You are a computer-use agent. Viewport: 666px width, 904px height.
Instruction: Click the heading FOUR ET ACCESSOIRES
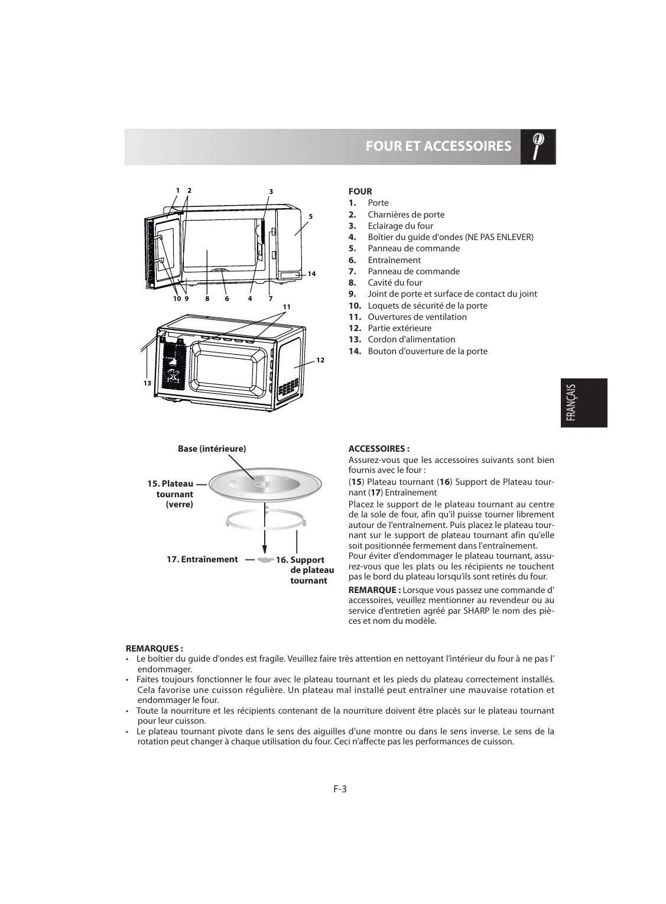click(438, 146)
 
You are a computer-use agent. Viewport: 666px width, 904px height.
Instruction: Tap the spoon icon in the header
click(538, 146)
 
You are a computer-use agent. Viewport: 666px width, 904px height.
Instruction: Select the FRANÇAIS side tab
click(582, 403)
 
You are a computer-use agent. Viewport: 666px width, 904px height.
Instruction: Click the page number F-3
click(339, 788)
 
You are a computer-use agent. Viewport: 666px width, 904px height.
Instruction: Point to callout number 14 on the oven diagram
click(311, 274)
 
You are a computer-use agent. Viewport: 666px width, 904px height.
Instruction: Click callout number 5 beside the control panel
click(310, 216)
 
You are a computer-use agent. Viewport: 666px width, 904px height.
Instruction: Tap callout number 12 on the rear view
click(320, 360)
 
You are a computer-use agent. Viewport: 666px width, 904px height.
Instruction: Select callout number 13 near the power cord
click(147, 383)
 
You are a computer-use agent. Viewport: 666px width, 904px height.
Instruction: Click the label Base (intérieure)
click(212, 449)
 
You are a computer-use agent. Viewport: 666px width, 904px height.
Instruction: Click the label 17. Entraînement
click(202, 559)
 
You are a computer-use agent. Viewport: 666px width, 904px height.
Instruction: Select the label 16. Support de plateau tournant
click(306, 570)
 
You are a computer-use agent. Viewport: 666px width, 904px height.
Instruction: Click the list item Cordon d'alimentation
click(411, 339)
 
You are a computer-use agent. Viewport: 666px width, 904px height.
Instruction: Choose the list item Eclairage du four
click(400, 226)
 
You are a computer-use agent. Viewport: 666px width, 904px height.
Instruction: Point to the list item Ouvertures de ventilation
click(417, 317)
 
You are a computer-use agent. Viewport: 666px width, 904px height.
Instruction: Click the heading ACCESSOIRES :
click(379, 449)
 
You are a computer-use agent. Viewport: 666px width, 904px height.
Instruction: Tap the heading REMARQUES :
click(155, 648)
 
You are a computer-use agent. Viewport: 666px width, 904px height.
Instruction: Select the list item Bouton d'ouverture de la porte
click(427, 351)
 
